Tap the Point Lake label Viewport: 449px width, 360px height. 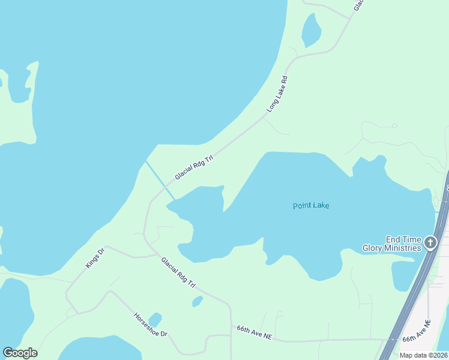[x=311, y=206]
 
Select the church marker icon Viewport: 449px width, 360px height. [x=430, y=243]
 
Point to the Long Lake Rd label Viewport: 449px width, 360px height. [x=278, y=94]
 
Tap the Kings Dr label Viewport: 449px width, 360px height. [x=95, y=258]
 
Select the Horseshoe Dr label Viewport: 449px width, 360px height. [x=150, y=325]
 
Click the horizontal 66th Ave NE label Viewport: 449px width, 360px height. [x=254, y=333]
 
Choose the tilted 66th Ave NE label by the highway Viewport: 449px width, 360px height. [x=417, y=331]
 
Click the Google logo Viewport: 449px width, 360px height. [x=20, y=353]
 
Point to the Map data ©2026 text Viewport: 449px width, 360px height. [x=424, y=355]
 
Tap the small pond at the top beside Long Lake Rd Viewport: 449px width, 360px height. [x=311, y=29]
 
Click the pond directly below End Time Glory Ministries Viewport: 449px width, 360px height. [x=402, y=275]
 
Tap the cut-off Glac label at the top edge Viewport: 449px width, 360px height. [x=359, y=5]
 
